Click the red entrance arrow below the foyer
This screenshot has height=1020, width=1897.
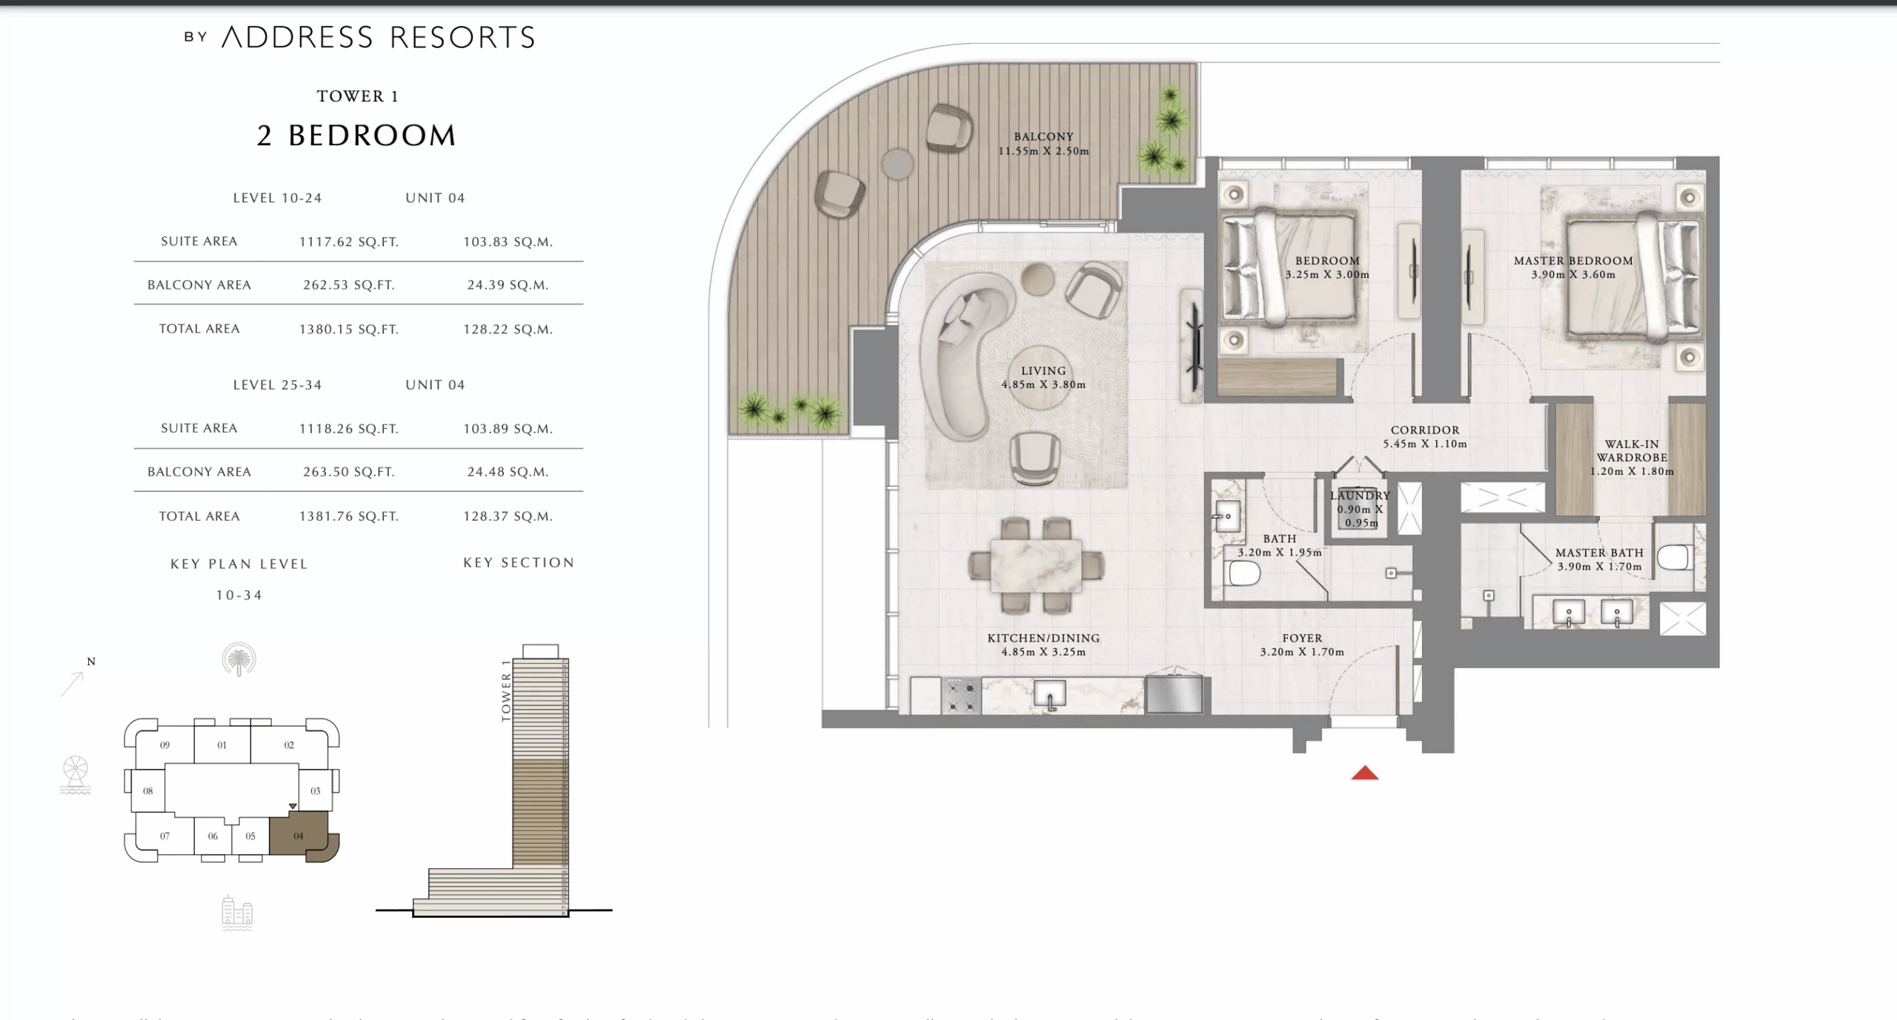pyautogui.click(x=1364, y=774)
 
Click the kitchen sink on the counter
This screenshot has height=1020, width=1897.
pyautogui.click(x=1049, y=695)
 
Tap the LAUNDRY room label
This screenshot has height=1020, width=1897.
pyautogui.click(x=1360, y=496)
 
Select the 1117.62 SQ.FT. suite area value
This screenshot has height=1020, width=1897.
pyautogui.click(x=348, y=242)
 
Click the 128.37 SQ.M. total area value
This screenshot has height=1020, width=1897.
pyautogui.click(x=508, y=516)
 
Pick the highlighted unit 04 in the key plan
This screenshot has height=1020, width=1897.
pyautogui.click(x=299, y=836)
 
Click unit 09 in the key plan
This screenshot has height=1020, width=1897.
pyautogui.click(x=165, y=745)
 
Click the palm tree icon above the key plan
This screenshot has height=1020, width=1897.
pyautogui.click(x=239, y=659)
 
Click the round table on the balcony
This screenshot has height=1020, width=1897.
pyautogui.click(x=897, y=164)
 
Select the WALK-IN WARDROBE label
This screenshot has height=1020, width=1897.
pyautogui.click(x=1632, y=450)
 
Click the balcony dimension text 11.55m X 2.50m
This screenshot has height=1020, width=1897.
pyautogui.click(x=1043, y=151)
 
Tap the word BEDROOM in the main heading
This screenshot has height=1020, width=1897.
pyautogui.click(x=372, y=136)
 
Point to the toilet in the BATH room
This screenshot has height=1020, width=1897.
pyautogui.click(x=1244, y=573)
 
